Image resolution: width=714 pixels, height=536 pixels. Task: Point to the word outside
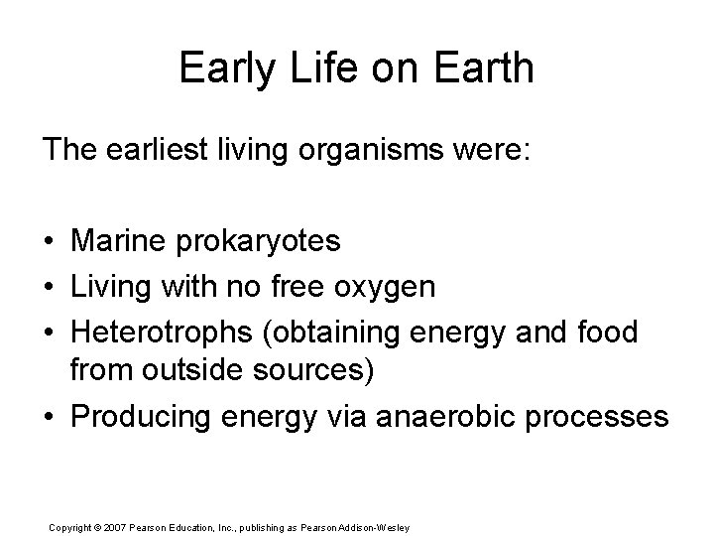[178, 371]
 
